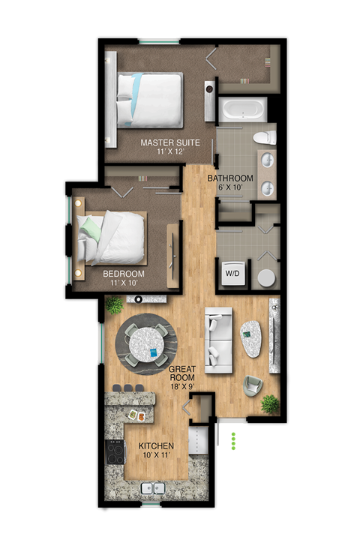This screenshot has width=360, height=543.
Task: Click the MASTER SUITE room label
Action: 162,141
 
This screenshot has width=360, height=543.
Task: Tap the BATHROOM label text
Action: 230,178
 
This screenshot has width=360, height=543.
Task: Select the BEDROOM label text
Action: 124,274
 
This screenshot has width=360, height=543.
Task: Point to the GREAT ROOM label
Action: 182,370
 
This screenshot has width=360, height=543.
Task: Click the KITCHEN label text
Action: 157,445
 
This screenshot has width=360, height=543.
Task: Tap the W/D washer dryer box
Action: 232,274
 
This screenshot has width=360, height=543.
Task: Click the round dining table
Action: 147,344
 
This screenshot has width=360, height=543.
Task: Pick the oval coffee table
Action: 253,341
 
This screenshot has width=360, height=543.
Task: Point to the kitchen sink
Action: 153,488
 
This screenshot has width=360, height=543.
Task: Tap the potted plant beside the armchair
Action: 270,404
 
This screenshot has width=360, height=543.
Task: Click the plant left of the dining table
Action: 115,306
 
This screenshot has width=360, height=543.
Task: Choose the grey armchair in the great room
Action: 253,387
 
